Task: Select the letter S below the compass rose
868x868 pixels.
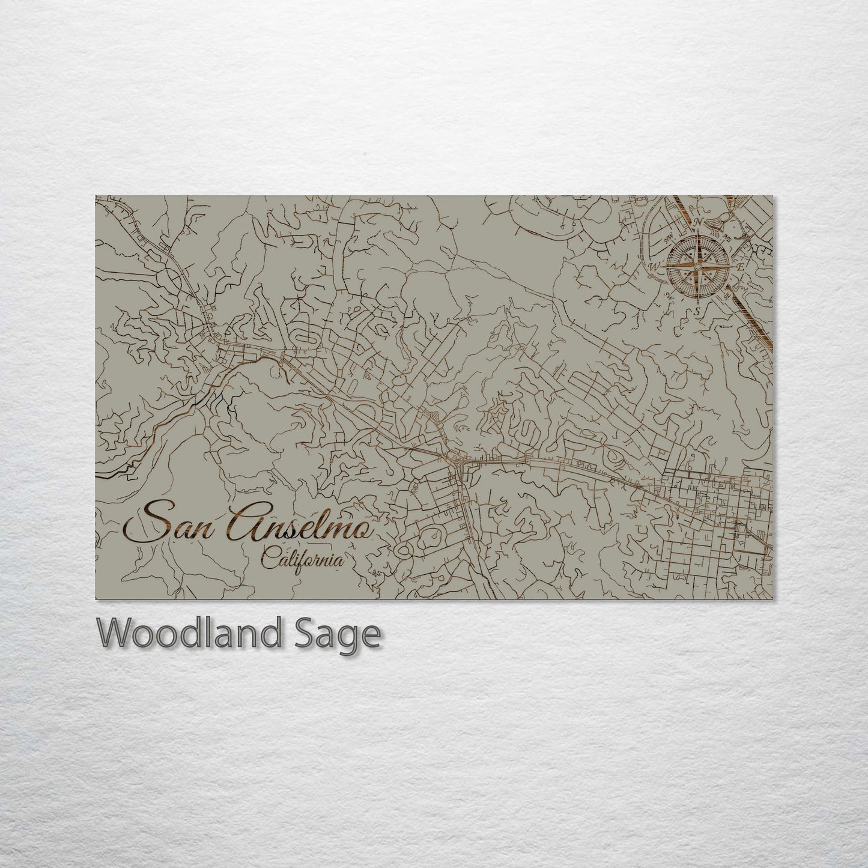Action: click(x=697, y=310)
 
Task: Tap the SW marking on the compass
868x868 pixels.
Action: click(x=669, y=294)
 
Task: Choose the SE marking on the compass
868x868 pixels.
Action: click(x=726, y=296)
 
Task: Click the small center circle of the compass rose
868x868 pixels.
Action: click(x=699, y=266)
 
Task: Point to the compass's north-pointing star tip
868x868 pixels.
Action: click(x=699, y=234)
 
